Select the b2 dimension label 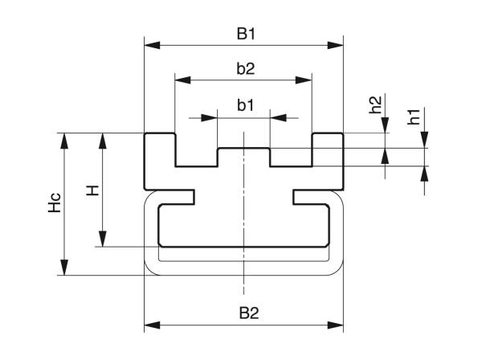(x=245, y=69)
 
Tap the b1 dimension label (x=245, y=105)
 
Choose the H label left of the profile (x=93, y=190)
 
